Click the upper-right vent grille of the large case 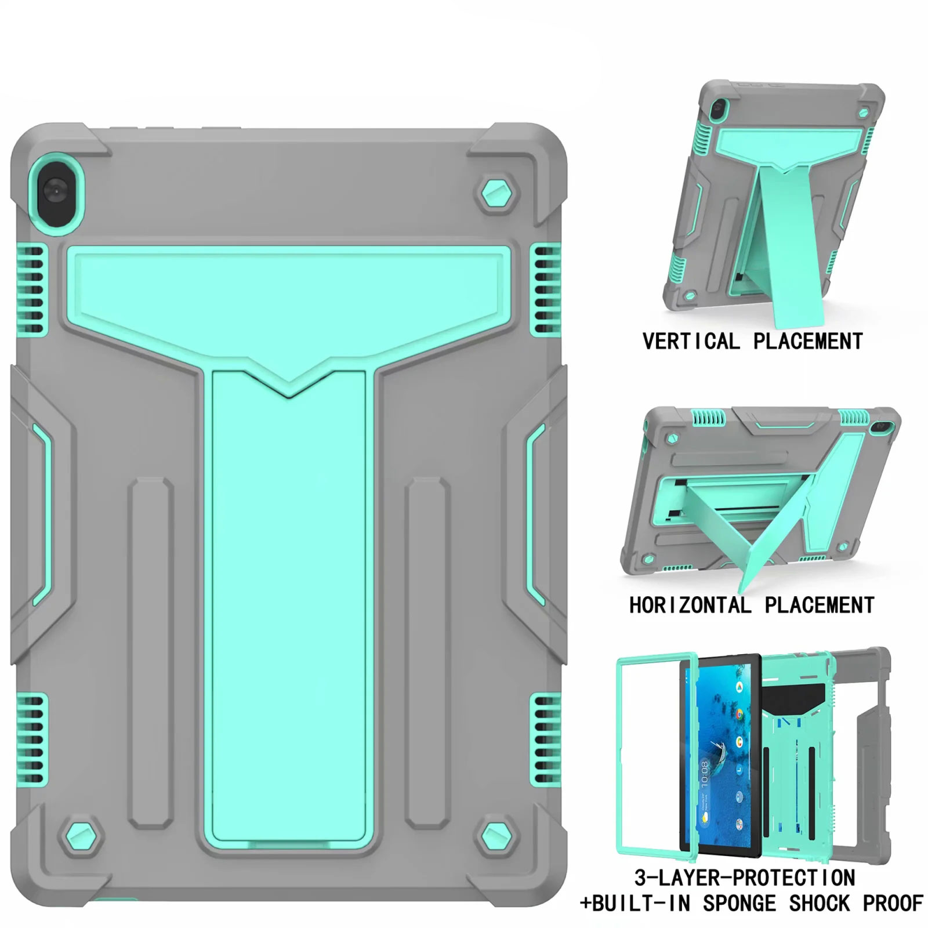pos(545,289)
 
